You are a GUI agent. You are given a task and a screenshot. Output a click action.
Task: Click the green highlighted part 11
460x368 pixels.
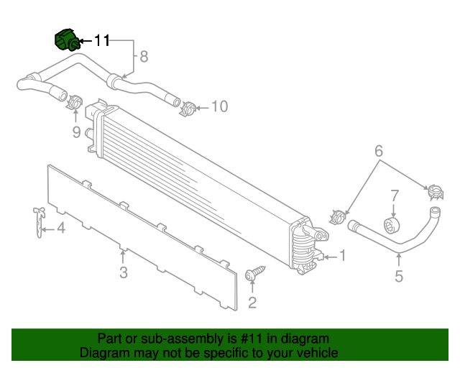click(67, 40)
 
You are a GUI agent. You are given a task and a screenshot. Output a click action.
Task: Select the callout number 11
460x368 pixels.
click(102, 41)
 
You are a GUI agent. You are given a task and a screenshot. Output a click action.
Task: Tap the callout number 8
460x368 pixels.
click(144, 56)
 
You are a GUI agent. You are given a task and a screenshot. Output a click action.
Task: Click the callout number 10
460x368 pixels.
click(219, 107)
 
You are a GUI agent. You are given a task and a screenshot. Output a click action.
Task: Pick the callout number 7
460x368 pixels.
click(394, 195)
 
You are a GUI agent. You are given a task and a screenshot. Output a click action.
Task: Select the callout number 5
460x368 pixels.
click(399, 276)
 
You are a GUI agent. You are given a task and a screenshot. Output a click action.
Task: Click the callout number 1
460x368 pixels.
click(343, 255)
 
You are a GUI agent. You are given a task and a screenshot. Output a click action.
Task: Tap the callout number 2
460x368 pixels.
click(252, 302)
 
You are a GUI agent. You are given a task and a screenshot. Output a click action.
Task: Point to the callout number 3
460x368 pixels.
click(124, 272)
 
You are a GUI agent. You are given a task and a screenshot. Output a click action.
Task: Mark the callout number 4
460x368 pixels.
click(61, 229)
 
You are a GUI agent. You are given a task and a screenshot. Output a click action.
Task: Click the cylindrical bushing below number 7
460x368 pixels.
click(392, 225)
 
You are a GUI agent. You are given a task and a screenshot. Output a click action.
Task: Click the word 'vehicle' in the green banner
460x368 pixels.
click(316, 353)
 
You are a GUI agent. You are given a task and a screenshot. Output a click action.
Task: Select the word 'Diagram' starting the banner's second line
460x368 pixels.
click(103, 353)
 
